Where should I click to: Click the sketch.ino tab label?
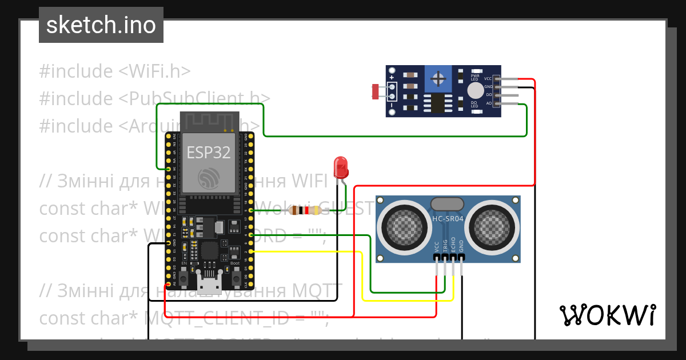101,25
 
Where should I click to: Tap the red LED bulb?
341,167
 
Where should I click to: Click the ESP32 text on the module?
208,153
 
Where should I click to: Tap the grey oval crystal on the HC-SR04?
448,203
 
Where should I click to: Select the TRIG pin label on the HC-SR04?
445,245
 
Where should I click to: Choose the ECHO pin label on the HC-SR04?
453,244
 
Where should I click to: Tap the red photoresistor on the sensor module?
376,90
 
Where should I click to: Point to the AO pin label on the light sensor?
489,103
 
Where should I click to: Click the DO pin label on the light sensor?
489,95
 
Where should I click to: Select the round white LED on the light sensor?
475,90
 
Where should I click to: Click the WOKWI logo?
607,315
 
